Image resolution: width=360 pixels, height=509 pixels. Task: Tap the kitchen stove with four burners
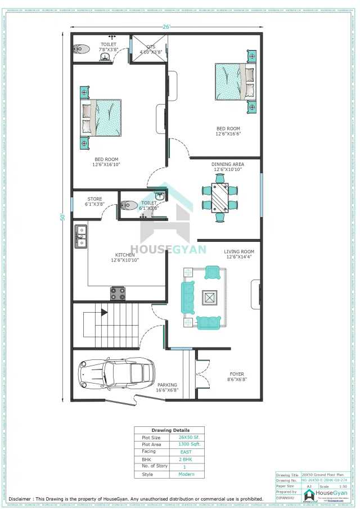point(118,293)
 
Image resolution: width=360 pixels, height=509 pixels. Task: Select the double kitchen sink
point(81,236)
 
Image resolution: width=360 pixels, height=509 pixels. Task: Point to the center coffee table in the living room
point(209,298)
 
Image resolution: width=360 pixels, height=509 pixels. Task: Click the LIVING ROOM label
point(239,251)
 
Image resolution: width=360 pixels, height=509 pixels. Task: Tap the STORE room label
point(94,199)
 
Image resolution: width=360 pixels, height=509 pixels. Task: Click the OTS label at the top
point(151,47)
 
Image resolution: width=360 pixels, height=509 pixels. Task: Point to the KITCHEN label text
point(124,255)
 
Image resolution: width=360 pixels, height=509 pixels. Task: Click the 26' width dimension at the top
point(166,26)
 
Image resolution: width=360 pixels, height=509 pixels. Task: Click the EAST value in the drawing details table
point(186,452)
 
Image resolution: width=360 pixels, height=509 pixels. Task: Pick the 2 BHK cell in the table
point(186,460)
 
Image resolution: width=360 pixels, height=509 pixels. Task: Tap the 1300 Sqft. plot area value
point(189,444)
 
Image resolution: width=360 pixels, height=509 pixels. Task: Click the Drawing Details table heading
point(170,430)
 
